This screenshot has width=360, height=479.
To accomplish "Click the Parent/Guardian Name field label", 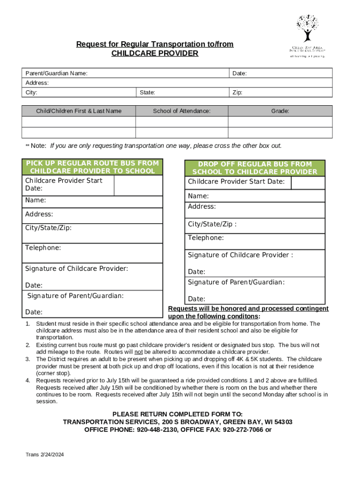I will tap(56, 73).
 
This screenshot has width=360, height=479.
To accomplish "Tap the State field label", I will tap(147, 93).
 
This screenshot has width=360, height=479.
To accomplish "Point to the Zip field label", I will tap(238, 93).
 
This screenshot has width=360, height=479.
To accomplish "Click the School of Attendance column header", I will tap(181, 111).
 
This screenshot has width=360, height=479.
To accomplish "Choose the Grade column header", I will tap(280, 111).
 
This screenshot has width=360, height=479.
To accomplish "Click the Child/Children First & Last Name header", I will tap(79, 111).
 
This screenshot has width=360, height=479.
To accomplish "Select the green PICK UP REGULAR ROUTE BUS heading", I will tap(92, 167).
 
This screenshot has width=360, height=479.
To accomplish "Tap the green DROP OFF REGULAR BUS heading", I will tap(254, 168).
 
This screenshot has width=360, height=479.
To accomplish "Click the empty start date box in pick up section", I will tap(138, 186).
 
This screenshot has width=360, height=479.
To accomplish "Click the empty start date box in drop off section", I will tap(308, 182).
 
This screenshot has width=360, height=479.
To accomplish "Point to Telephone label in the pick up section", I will tap(43, 247).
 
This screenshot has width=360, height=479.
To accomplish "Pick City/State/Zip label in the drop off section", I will tap(212, 224).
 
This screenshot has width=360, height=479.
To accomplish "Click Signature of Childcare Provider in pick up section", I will tap(77, 269).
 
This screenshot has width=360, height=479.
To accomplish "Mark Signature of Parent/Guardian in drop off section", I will tap(236, 282).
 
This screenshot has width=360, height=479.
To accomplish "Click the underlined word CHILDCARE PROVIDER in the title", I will tap(155, 53).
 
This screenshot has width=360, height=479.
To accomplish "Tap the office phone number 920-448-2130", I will tap(158, 429).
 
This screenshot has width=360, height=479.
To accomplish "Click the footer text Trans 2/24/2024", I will tap(45, 455).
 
